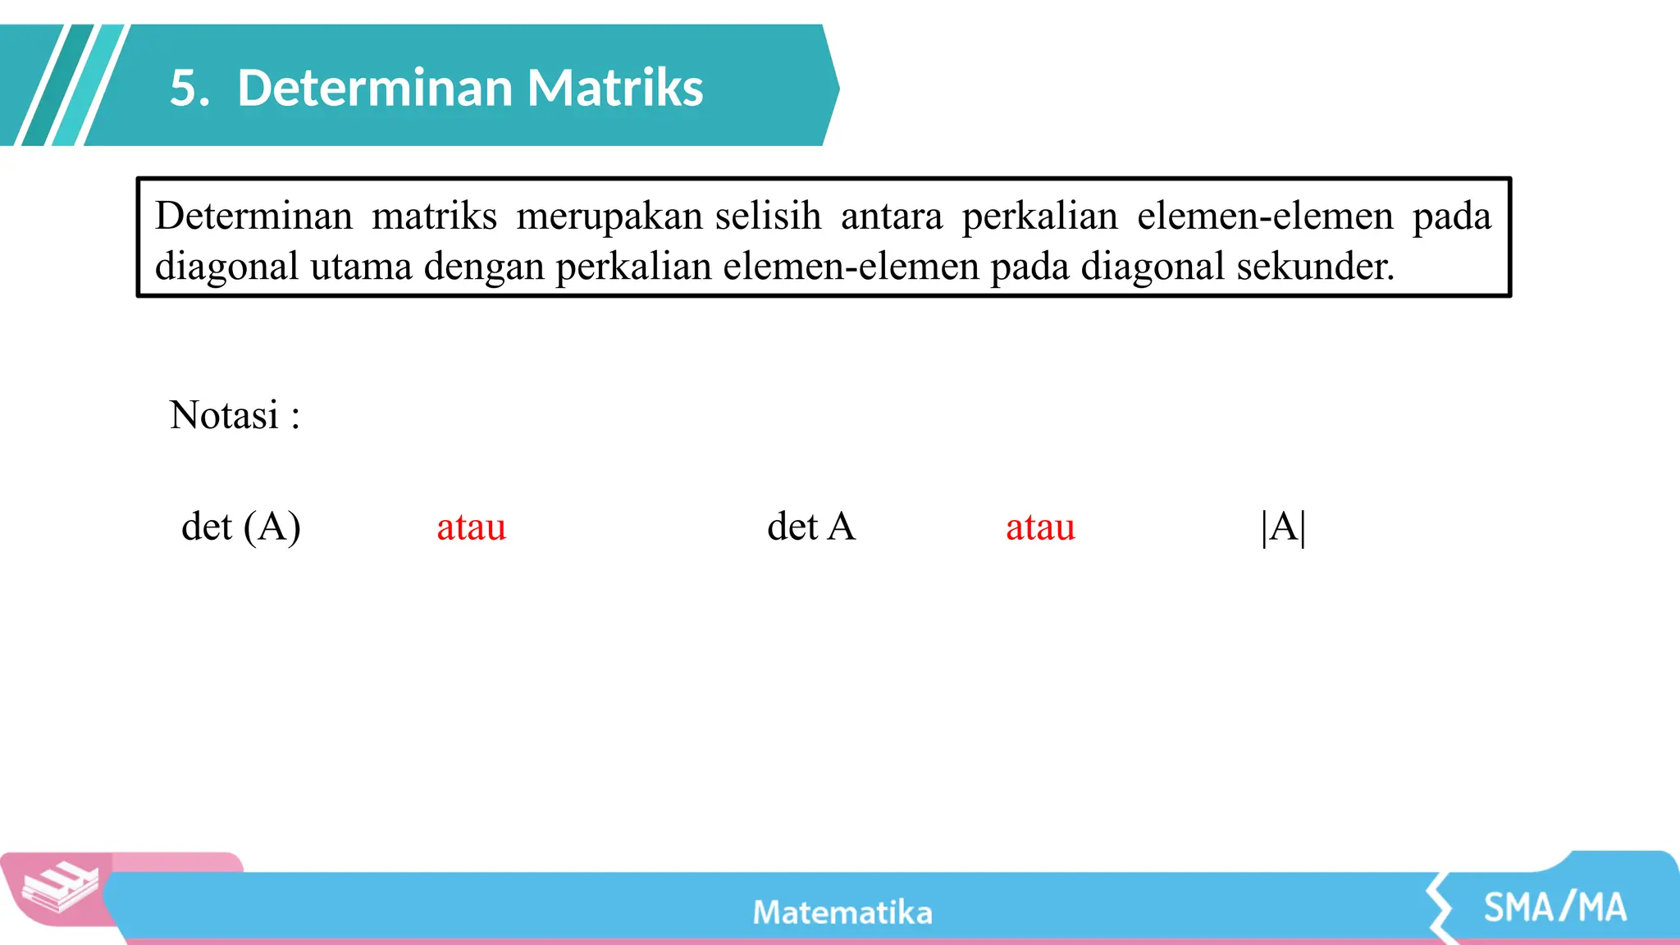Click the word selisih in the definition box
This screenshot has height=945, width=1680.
pyautogui.click(x=768, y=217)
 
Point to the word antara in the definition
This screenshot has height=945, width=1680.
pyautogui.click(x=892, y=217)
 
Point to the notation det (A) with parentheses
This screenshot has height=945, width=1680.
pyautogui.click(x=240, y=527)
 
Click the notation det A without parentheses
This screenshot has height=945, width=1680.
pyautogui.click(x=811, y=527)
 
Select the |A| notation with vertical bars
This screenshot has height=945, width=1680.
pyautogui.click(x=1284, y=527)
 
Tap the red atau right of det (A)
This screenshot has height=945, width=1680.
pyautogui.click(x=471, y=527)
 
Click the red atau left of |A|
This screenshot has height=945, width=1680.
pyautogui.click(x=1040, y=527)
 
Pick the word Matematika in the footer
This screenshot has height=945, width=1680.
pyautogui.click(x=842, y=913)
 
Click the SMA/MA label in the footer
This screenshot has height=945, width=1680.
pyautogui.click(x=1555, y=908)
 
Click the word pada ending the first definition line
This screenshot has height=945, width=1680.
pyautogui.click(x=1451, y=217)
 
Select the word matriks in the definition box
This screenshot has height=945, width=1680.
pyautogui.click(x=434, y=217)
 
